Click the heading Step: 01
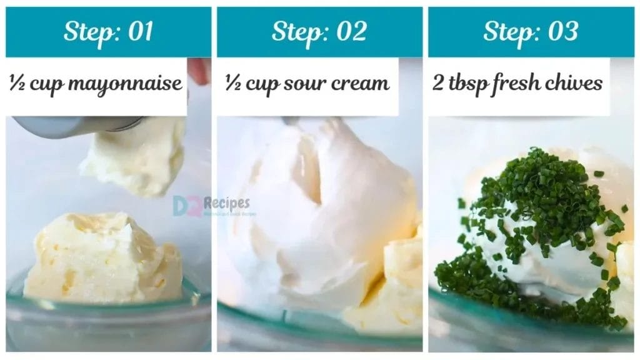108,31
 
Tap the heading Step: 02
319,31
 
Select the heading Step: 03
531,31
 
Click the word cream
358,82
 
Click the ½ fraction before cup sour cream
232,82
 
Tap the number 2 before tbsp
438,82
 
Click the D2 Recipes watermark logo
211,205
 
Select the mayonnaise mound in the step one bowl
103,256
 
